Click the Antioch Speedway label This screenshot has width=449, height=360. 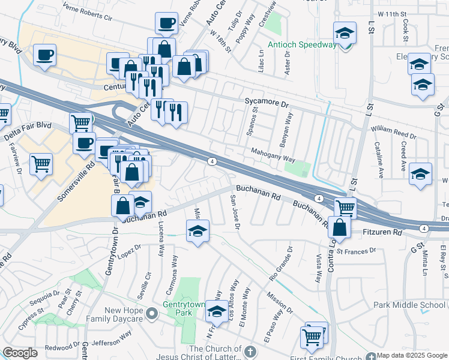tap(301, 45)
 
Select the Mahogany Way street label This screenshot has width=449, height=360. tap(273, 155)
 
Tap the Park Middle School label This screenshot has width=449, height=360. tap(409, 305)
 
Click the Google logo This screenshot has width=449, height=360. tap(20, 353)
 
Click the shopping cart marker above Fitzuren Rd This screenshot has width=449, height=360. tap(345, 208)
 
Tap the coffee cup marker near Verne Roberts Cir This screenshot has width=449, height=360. tap(166, 24)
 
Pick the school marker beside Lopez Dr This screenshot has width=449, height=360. tap(197, 231)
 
